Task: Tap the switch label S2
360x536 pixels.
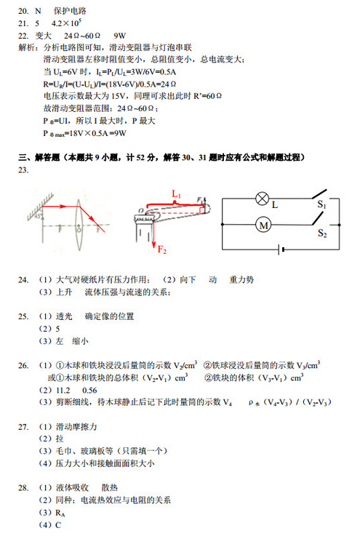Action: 321,234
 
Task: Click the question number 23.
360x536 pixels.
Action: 23,169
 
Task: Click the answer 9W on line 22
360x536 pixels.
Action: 120,35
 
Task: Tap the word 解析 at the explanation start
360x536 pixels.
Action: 27,47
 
